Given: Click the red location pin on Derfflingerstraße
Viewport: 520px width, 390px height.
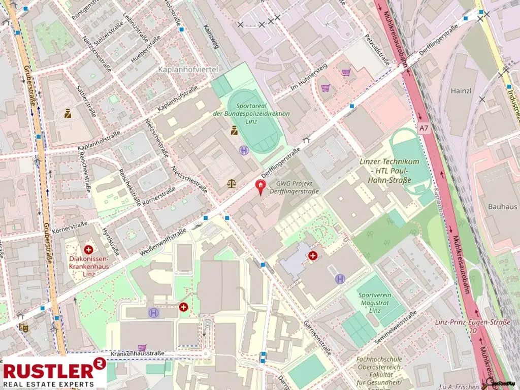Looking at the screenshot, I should point(261,187).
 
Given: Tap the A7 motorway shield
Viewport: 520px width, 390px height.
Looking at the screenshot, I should point(424,129).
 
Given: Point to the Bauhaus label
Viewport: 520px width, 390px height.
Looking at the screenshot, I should point(502,207).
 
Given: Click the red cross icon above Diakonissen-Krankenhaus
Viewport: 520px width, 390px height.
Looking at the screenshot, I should point(89,249).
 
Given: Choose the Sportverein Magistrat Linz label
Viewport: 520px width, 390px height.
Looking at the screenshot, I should point(376,303).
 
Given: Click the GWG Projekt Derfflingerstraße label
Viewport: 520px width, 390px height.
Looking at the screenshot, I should point(298,187).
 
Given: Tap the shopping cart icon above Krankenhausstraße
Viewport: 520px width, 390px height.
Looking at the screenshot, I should point(142,348).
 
